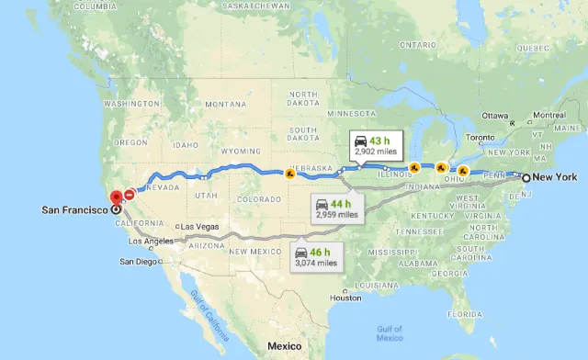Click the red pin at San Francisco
(x=115, y=197)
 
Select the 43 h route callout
(x=376, y=146)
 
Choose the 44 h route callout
(x=336, y=208)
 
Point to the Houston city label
(x=346, y=298)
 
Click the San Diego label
(x=140, y=261)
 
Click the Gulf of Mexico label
(x=390, y=332)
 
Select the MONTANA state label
(x=225, y=104)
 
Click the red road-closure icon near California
(x=130, y=194)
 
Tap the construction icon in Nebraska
(x=289, y=174)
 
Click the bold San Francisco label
(x=75, y=209)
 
